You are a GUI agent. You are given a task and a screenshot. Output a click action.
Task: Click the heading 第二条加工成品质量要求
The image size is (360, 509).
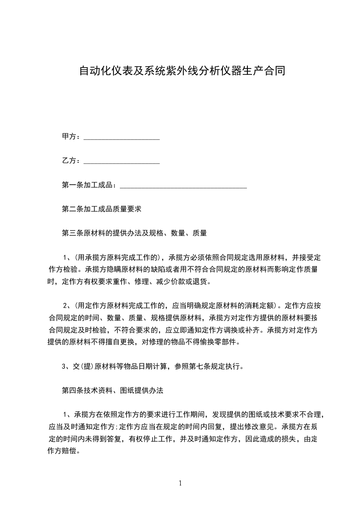102,209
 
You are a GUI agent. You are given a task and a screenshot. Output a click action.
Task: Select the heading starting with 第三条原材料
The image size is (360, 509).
134,233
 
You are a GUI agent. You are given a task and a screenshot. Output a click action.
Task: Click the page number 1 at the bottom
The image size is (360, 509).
180,483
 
